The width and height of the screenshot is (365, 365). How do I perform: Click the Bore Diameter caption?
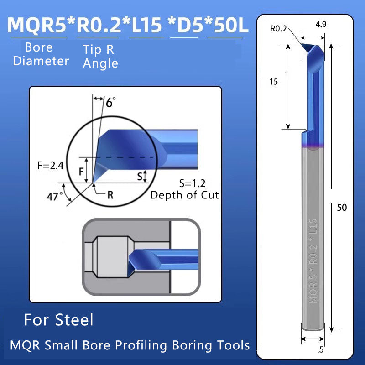click(41, 54)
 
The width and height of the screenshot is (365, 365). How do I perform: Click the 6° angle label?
click(109, 103)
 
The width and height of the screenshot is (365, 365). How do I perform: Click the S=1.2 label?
click(192, 183)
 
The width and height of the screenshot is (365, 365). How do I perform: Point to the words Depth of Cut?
click(185, 195)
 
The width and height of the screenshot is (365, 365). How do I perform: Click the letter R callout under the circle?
click(110, 195)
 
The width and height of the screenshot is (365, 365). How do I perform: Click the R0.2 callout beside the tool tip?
click(278, 29)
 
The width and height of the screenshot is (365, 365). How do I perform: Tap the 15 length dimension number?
click(274, 82)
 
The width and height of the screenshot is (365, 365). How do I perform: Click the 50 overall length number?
click(342, 208)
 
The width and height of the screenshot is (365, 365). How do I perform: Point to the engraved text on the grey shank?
click(313, 260)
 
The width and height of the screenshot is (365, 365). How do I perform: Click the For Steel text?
click(58, 320)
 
